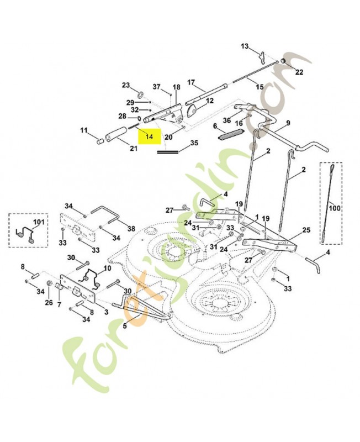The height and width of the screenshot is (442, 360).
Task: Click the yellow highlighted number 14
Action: point(149,136)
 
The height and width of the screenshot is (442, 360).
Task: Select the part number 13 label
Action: point(245,46)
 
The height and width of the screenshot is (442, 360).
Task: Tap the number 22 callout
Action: point(299,72)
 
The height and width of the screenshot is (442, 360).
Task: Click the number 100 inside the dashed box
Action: point(335,208)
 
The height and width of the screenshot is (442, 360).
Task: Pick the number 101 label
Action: point(39,222)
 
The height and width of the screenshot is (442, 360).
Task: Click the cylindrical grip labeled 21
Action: point(116,133)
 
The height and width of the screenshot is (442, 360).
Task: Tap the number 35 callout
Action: point(194,143)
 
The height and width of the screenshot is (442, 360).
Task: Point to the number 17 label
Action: point(190,82)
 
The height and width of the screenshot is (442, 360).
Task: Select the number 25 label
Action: point(306,230)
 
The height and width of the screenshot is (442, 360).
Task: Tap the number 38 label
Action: point(131,229)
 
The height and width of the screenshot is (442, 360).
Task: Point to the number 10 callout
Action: point(107,267)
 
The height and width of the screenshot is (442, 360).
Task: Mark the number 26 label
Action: point(49,303)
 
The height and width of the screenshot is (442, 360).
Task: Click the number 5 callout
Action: point(124,326)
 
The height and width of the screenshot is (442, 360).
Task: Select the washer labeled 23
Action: point(140,93)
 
